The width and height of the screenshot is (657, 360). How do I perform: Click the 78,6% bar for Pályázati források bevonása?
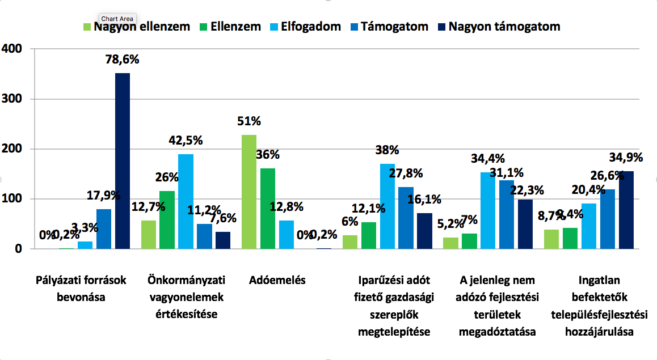122,161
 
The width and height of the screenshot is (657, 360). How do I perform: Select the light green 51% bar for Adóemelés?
249,192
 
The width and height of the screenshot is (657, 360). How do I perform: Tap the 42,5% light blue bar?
186,201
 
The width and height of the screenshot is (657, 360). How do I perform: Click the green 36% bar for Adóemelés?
267,208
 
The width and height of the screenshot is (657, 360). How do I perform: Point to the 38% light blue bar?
388,206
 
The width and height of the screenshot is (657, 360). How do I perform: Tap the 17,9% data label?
104,196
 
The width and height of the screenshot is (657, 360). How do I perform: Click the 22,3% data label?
527,190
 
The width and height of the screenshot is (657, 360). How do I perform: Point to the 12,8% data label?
287,207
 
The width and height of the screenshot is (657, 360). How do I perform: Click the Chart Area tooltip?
117,19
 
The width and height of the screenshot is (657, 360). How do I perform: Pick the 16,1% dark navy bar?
424,231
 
